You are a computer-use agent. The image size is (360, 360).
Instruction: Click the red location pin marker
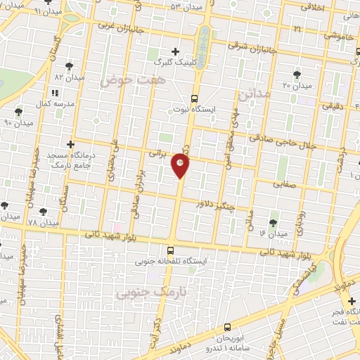[180, 165]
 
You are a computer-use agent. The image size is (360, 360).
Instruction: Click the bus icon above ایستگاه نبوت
[195, 98]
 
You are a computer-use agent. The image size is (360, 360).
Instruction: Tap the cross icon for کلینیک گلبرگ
[175, 51]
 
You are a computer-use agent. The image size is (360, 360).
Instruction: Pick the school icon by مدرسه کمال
[54, 92]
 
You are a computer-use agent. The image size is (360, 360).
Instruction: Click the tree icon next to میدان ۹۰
[18, 111]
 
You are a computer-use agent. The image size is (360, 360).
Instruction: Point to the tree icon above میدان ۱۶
[273, 222]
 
